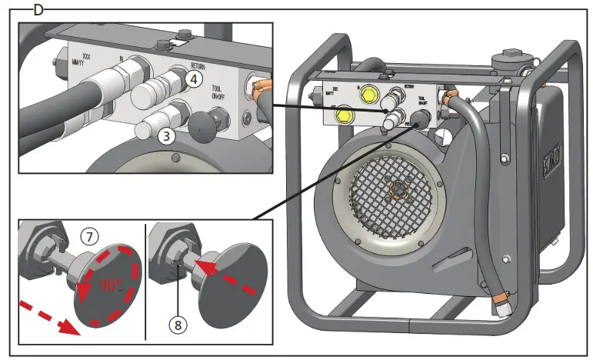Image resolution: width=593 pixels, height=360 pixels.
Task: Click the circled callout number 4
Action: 194,78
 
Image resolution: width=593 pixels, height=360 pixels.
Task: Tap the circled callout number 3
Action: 165,136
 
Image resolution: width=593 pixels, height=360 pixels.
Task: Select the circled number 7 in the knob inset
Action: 89,237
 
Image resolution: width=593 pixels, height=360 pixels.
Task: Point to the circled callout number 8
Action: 179,325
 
